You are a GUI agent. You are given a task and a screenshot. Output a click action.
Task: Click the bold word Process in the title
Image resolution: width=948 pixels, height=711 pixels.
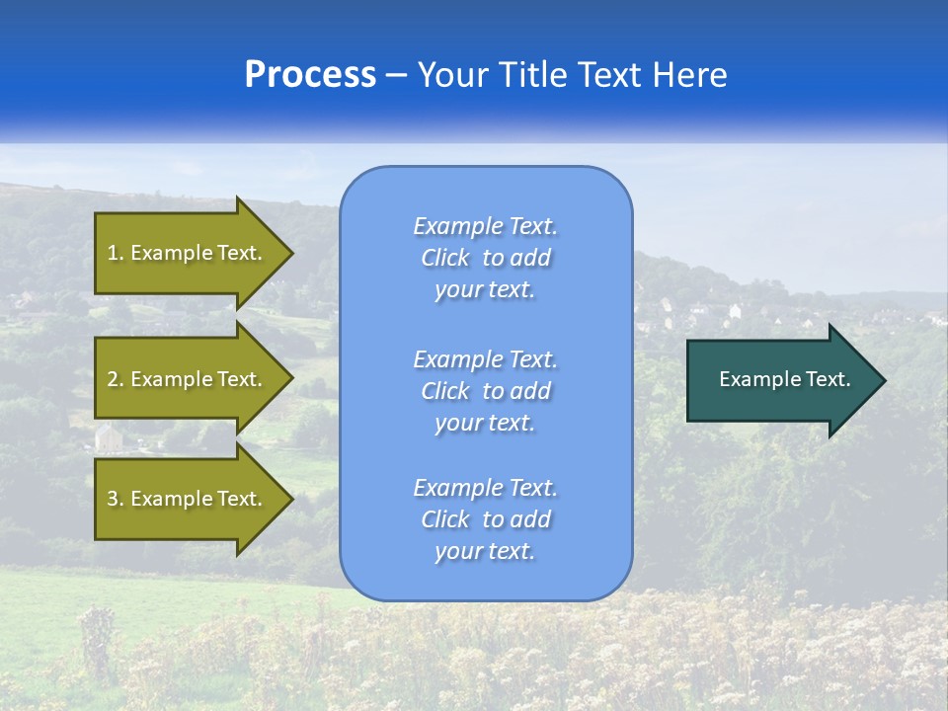point(310,75)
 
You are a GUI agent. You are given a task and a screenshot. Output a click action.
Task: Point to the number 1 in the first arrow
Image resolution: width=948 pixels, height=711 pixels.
point(113,253)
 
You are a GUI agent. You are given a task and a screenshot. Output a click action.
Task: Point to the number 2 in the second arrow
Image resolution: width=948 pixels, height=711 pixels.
point(113,379)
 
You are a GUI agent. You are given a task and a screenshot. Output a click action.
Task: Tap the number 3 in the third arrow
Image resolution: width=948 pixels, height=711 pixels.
point(113,499)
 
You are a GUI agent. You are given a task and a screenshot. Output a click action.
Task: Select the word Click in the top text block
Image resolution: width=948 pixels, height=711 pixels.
point(444,258)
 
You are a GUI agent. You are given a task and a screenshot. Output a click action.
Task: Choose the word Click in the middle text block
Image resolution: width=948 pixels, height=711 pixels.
point(444,391)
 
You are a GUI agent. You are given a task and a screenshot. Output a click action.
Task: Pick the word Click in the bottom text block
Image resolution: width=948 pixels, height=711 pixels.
point(444,519)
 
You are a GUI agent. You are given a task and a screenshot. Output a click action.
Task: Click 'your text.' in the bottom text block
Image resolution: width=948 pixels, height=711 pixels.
point(485,551)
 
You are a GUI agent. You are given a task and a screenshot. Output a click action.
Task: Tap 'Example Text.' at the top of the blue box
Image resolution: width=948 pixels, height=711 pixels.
point(485,226)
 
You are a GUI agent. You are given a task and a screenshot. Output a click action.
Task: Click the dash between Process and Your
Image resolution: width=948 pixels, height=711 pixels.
point(397,75)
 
